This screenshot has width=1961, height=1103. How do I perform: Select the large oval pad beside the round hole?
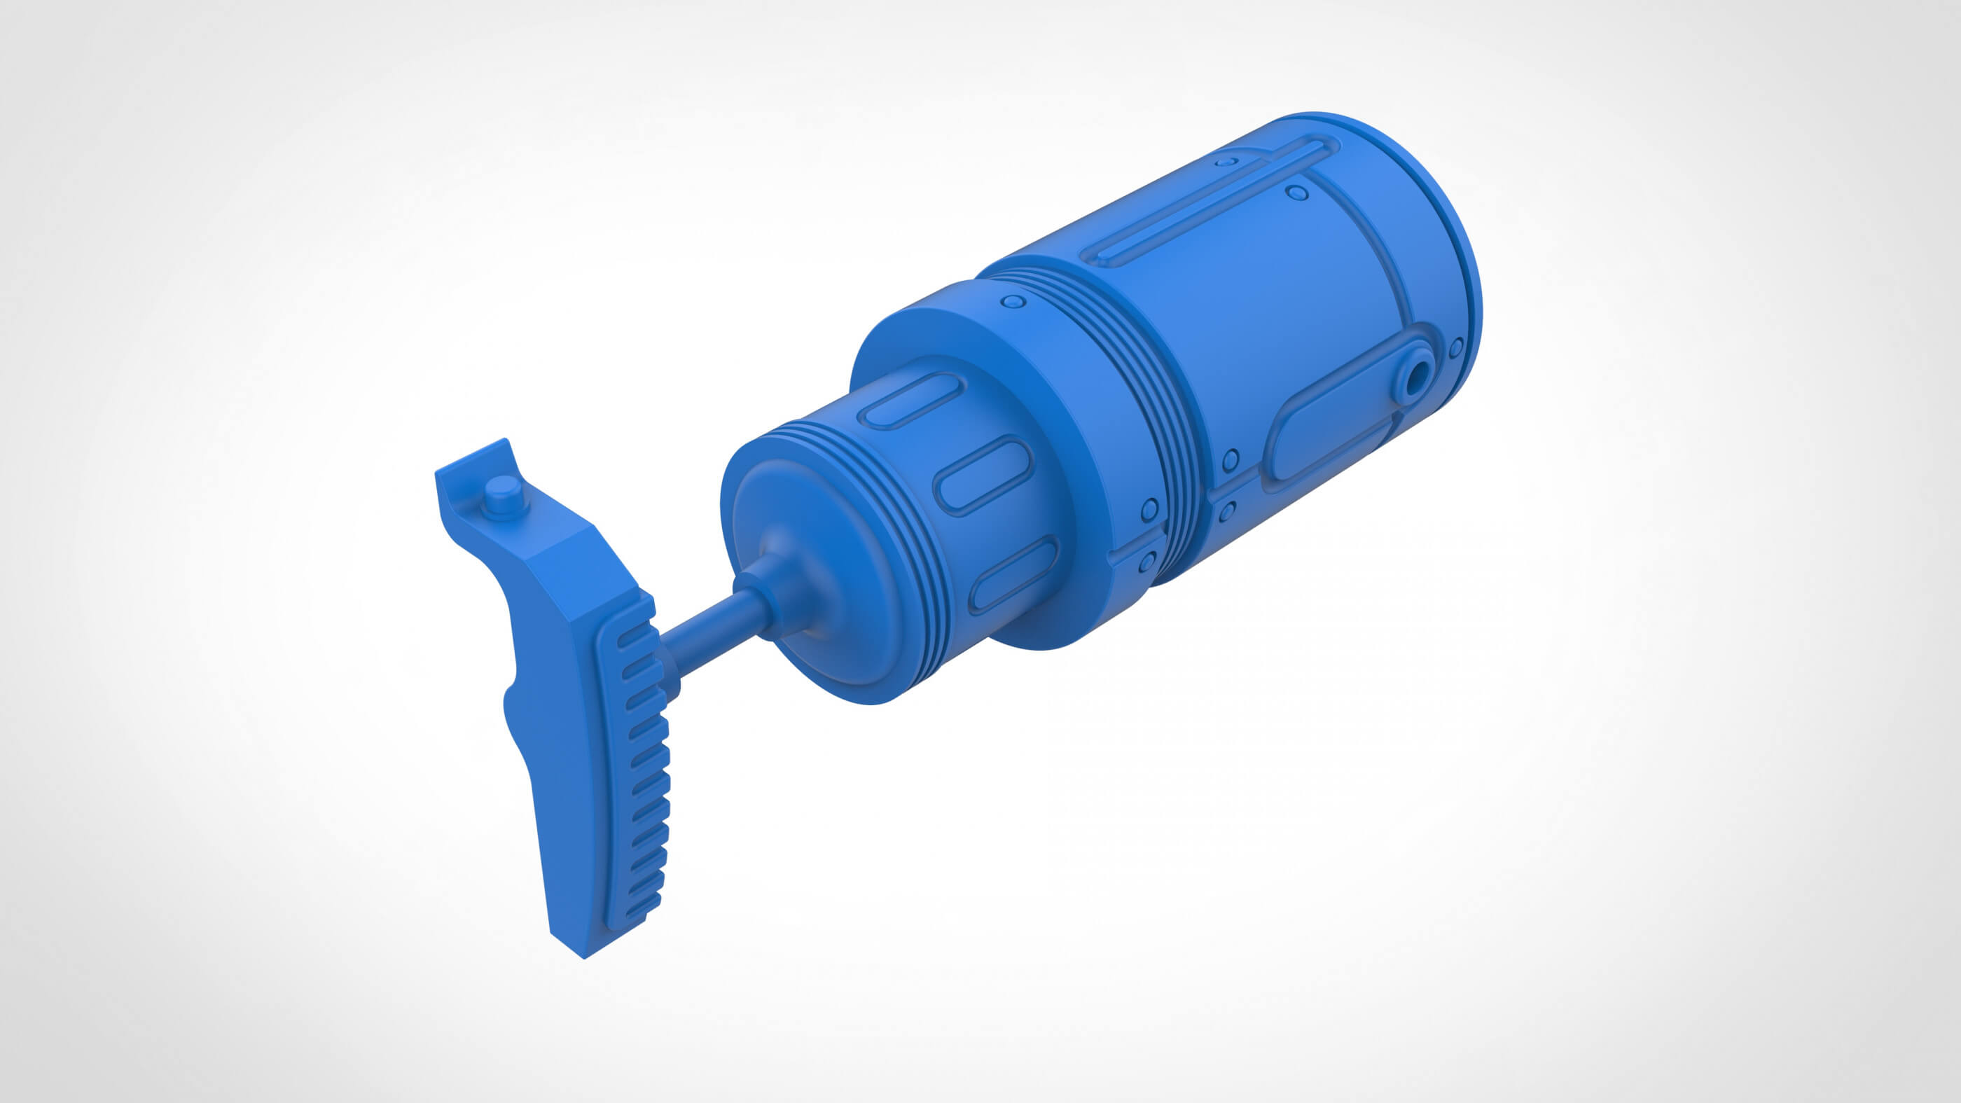1329,438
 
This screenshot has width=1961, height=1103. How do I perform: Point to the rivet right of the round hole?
1455,348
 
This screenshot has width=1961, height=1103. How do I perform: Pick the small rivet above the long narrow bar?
1226,161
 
